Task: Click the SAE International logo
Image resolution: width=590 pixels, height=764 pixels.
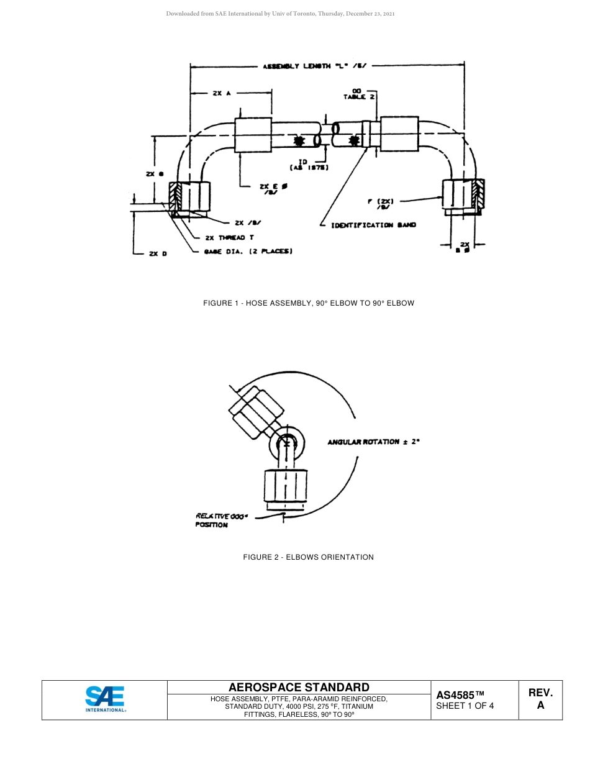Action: pos(105,699)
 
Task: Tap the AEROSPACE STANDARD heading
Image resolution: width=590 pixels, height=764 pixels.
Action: pos(299,687)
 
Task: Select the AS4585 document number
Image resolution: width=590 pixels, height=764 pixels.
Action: pos(460,695)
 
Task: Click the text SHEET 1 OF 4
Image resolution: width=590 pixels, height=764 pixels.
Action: pos(465,706)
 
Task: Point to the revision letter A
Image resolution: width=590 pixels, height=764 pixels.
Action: pos(540,706)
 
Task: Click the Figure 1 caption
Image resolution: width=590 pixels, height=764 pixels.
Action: pos(308,303)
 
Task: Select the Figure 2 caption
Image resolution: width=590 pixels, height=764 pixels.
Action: pos(308,557)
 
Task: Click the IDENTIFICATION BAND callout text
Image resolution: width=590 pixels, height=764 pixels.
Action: pos(373,225)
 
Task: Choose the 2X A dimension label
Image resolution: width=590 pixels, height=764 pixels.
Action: pos(221,93)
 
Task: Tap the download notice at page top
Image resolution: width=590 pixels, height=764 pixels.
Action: pos(280,13)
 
